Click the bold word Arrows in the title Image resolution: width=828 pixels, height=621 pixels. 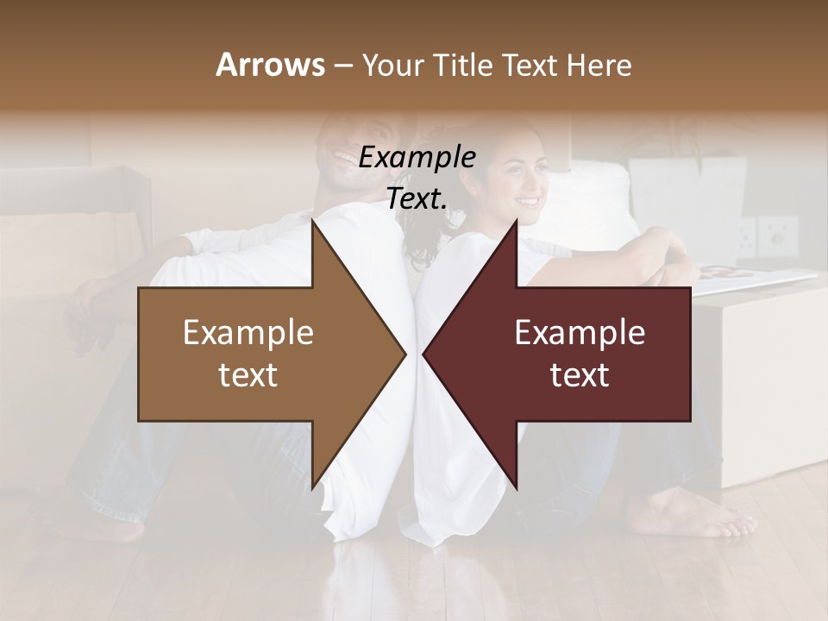point(271,65)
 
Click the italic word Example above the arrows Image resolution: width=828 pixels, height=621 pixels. point(417,158)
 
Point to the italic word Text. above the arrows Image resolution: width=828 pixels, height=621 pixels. point(417,199)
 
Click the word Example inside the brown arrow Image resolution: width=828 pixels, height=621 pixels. point(248,333)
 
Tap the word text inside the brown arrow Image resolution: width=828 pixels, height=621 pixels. point(248,374)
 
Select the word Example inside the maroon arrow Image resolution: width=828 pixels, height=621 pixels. point(580,333)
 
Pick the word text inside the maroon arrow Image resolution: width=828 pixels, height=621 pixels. point(580,374)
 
